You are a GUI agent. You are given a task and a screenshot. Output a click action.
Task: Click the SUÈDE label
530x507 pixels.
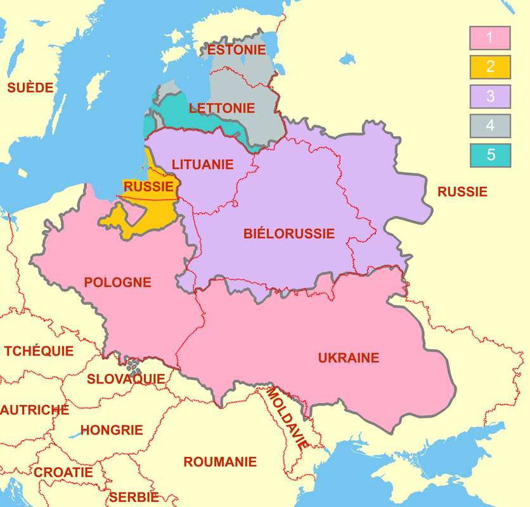click(30, 88)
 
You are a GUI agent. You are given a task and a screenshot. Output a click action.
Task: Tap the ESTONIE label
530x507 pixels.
click(238, 50)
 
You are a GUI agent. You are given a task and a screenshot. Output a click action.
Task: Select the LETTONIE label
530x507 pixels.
click(222, 108)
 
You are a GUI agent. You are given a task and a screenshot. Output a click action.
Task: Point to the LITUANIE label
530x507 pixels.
click(202, 164)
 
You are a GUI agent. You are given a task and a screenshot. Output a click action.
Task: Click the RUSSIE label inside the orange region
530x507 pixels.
click(149, 187)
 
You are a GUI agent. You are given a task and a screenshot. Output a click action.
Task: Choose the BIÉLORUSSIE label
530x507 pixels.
click(289, 234)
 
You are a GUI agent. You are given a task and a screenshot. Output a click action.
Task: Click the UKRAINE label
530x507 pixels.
click(349, 358)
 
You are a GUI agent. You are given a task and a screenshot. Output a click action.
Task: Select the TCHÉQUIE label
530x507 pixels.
click(39, 351)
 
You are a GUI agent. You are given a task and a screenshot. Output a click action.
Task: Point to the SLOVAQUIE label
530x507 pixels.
click(126, 379)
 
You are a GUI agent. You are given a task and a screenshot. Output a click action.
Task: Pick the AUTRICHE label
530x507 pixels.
click(34, 410)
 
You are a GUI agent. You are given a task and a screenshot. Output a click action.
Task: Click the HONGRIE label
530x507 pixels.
click(112, 430)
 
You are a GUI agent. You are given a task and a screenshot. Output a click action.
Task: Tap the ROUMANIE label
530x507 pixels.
click(220, 462)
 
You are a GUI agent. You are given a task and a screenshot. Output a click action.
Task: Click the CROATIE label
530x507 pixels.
click(63, 473)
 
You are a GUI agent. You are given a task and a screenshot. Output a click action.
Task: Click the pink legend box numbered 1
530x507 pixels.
click(490, 37)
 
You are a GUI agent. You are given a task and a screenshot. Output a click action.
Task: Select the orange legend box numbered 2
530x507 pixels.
click(490, 67)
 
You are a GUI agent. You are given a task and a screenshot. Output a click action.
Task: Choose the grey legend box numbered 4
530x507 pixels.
click(490, 125)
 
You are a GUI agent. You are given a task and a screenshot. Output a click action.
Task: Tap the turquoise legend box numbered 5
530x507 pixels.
click(490, 155)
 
